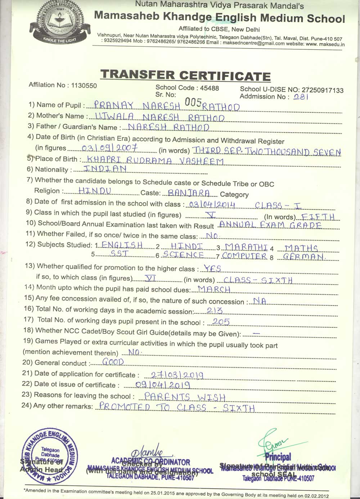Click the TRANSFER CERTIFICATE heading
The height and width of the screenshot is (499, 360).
[185, 75]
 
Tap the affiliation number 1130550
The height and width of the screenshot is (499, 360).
[84, 86]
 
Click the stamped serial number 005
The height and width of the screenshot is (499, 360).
[192, 103]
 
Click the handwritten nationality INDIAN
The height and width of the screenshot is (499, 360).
[104, 168]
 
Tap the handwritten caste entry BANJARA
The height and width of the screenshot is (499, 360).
[194, 193]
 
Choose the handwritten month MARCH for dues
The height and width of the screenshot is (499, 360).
[215, 290]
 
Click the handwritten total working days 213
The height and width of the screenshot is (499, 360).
[215, 310]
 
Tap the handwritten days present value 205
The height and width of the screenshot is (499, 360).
[221, 322]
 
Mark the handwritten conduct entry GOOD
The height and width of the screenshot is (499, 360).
[113, 362]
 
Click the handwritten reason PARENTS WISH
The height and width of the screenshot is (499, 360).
[185, 397]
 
